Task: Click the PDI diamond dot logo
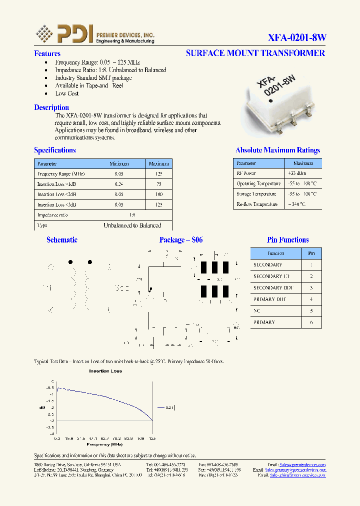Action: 44,33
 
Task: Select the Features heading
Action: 47,53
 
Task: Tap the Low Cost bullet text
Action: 67,93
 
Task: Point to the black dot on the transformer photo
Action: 270,102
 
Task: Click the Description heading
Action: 51,107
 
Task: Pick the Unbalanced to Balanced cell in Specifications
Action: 132,225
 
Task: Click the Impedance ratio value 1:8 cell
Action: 132,215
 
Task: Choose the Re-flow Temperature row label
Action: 256,204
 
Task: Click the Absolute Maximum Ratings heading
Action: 277,150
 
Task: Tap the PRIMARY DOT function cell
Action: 270,299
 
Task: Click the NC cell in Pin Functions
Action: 257,311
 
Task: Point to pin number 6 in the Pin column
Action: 311,322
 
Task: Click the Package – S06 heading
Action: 181,240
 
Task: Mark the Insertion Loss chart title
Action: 105,371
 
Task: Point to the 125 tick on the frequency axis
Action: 152,438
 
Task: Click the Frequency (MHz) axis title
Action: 104,444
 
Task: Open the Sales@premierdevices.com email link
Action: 302,464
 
